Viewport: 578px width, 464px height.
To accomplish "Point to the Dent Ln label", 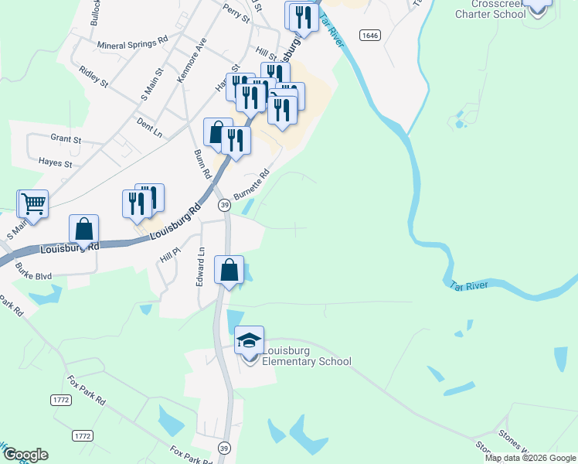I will (148, 127).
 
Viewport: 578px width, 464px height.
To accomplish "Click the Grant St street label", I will (66, 139).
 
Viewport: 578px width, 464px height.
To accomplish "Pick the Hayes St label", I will (55, 164).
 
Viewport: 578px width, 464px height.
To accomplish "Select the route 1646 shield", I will (369, 35).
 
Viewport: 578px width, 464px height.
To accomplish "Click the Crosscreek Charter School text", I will (490, 9).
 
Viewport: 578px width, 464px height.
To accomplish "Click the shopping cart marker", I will (33, 203).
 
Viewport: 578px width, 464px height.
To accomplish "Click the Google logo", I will (25, 455).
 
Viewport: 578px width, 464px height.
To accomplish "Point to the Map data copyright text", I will (530, 458).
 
